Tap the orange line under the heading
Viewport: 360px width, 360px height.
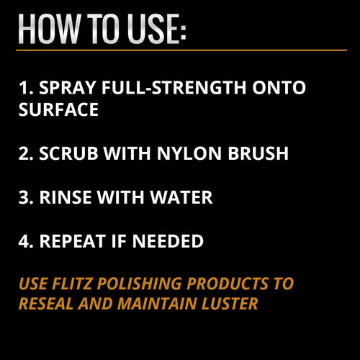tap(180, 50)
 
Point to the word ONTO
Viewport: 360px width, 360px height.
tap(277, 89)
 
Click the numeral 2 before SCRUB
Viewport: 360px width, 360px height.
tap(24, 154)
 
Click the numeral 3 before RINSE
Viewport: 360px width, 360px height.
tap(24, 197)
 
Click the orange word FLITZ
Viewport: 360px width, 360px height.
tap(70, 284)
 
